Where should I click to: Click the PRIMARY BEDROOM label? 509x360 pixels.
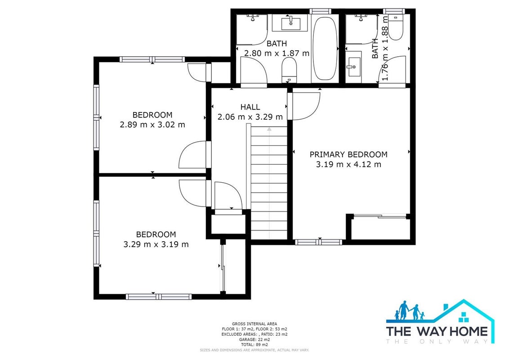coord(348,154)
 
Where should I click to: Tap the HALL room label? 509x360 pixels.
coord(250,107)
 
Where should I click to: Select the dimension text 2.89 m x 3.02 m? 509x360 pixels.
coord(152,125)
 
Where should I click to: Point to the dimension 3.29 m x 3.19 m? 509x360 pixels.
coord(156,244)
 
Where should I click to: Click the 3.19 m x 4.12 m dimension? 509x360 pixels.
coord(348,164)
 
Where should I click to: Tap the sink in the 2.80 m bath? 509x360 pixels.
coord(290,24)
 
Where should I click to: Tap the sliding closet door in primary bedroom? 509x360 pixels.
coord(380,215)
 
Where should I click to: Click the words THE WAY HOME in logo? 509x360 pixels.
coord(437,331)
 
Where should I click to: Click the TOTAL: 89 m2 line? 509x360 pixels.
coord(254,344)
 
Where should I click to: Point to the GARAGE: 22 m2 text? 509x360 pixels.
coord(254,339)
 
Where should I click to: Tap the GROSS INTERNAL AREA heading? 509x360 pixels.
coord(254,324)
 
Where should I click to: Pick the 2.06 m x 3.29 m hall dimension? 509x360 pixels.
coord(250,117)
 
